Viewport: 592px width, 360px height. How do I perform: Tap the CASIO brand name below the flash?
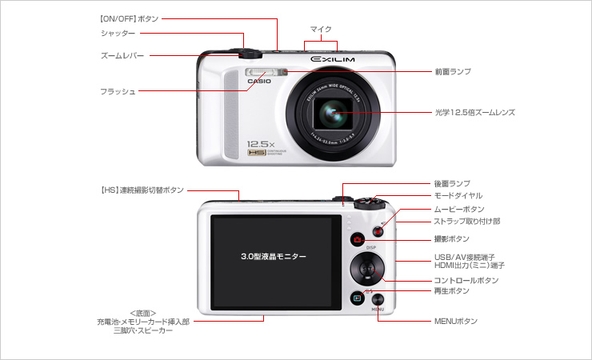click(260, 81)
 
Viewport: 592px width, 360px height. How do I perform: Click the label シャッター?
click(118, 33)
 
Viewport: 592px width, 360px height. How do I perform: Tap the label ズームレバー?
click(122, 55)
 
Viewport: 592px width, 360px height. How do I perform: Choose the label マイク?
click(321, 29)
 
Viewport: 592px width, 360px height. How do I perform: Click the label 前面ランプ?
click(452, 71)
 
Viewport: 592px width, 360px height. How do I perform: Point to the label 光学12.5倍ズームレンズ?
click(474, 113)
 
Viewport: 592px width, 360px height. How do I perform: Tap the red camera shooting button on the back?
click(358, 240)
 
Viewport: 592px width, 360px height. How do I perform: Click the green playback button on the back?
click(358, 298)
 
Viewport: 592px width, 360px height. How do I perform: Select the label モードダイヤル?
click(458, 195)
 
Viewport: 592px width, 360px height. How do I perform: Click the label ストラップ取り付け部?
click(466, 221)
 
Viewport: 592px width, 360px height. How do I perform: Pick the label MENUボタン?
click(455, 321)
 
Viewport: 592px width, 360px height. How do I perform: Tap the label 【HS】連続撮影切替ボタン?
click(141, 190)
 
